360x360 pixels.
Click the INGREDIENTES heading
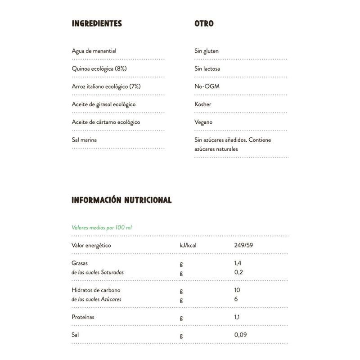(97, 23)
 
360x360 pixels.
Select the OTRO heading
(204, 23)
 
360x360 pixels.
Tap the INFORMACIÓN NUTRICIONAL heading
(121, 200)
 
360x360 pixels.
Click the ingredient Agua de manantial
(94, 51)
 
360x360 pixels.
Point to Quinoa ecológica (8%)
(96, 69)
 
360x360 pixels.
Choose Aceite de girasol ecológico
(103, 104)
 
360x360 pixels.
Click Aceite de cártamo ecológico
(106, 122)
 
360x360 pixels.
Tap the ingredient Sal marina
(84, 140)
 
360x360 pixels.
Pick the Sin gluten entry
(207, 51)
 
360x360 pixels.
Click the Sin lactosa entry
(207, 69)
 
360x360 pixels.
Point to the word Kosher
(203, 104)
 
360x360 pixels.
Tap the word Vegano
(203, 122)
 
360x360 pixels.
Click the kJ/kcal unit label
(189, 245)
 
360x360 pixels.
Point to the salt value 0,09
(240, 335)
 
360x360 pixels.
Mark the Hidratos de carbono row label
(96, 290)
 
